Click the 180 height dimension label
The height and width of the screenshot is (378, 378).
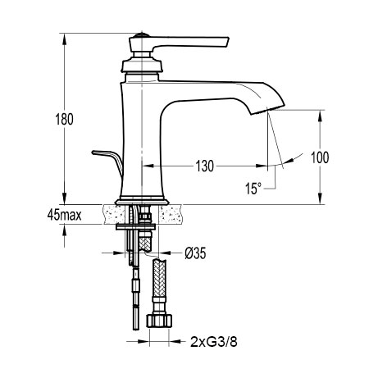tap(65, 120)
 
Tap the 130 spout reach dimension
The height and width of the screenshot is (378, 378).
tap(205, 166)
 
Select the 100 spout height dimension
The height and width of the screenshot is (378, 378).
tap(320, 157)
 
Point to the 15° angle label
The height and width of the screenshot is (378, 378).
tap(253, 189)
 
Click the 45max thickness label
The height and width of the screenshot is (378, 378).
tap(64, 215)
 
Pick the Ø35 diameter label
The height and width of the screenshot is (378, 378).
tap(195, 253)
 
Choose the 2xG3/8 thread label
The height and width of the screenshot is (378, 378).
tap(214, 342)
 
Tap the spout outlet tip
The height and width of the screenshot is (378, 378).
tap(268, 109)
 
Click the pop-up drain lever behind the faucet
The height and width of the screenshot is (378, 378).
tap(108, 159)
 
